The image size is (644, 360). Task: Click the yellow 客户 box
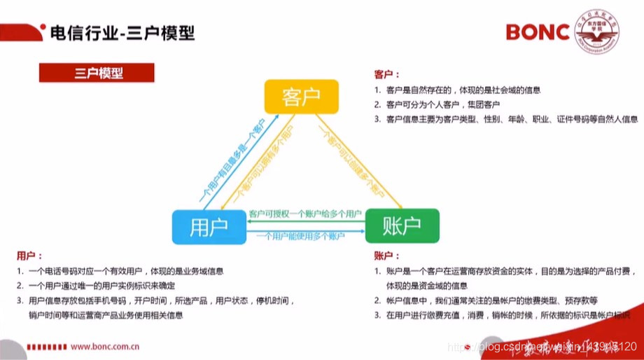pos(301,96)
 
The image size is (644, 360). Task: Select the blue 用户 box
pos(208,226)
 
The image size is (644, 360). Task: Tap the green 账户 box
pos(402,226)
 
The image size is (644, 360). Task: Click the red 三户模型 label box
pos(96,73)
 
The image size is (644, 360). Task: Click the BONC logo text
pos(538,32)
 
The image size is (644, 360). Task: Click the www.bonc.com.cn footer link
pos(106,346)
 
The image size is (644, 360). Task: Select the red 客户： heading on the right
pos(387,74)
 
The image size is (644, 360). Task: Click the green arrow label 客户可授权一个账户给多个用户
pos(305,212)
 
